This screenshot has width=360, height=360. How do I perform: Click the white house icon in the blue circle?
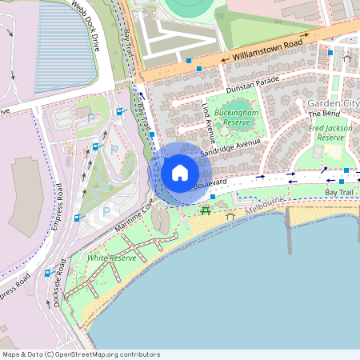[180, 173]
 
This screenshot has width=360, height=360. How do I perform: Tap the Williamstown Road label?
[266, 50]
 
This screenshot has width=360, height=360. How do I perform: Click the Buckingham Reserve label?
[236, 118]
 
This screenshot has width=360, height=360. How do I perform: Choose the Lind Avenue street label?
[210, 118]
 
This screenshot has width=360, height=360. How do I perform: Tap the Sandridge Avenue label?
[231, 146]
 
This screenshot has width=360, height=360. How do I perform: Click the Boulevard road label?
[210, 183]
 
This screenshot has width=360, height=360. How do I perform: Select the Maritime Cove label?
[133, 216]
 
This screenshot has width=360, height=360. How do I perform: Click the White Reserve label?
[113, 258]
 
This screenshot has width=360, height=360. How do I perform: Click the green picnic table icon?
[206, 210]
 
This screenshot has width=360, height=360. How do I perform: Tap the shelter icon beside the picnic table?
[231, 214]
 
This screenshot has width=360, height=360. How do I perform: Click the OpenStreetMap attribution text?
[81, 354]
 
